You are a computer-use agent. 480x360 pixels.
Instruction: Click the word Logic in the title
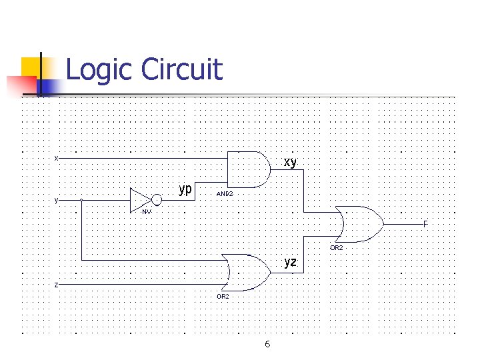[x=99, y=69]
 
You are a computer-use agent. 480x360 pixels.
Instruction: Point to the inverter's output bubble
[x=157, y=199]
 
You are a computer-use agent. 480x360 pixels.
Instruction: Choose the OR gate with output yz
[x=246, y=272]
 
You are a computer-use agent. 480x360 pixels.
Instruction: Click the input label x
[x=57, y=158]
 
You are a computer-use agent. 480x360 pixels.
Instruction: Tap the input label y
[x=57, y=199]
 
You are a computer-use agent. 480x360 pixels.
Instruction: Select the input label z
[x=57, y=285]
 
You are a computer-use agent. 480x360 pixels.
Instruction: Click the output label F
[x=425, y=224]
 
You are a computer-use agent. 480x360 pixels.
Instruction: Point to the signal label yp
[x=185, y=189]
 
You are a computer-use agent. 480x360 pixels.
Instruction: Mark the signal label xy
[x=290, y=162]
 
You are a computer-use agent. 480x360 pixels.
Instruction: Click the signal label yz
[x=290, y=262]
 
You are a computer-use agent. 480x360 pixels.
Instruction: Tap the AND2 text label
[x=225, y=195]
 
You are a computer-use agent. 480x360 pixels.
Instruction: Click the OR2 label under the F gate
[x=336, y=247]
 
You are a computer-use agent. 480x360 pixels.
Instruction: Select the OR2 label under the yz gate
[x=222, y=296]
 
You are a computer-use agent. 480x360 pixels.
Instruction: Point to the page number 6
[x=267, y=344]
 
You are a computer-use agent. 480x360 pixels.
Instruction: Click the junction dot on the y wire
[x=81, y=199]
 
